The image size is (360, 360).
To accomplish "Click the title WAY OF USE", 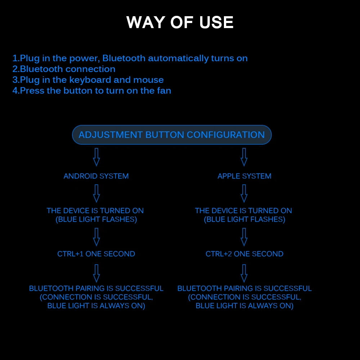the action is (180, 22).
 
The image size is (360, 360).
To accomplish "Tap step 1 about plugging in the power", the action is (130, 58).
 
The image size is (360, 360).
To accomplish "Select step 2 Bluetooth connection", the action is (64, 69).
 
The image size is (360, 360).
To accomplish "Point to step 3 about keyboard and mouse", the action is (88, 80).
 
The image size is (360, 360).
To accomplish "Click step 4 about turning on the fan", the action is (92, 91).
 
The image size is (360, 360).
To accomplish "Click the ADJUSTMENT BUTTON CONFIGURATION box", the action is (172, 135).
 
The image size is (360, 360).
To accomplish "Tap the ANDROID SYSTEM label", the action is (96, 176).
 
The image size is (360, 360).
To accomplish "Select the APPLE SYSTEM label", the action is (244, 176).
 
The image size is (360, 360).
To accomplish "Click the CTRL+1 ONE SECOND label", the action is (96, 254).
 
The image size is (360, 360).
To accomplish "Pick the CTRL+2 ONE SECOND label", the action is (244, 254).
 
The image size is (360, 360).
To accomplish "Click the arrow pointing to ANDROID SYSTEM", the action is (96, 157).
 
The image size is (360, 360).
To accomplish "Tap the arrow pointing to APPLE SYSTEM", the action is (244, 157).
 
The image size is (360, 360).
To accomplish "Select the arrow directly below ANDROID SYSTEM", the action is (96, 193).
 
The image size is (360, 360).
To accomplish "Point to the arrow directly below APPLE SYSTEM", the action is (244, 193).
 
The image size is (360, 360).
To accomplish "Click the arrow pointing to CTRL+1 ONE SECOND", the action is (96, 237).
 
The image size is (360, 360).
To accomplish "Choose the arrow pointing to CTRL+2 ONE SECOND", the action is (244, 237).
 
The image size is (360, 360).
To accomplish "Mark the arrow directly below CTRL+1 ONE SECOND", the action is (96, 273).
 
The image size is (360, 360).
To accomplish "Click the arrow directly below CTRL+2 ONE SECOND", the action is (244, 273).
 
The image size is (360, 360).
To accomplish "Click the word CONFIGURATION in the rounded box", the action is (226, 135).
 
